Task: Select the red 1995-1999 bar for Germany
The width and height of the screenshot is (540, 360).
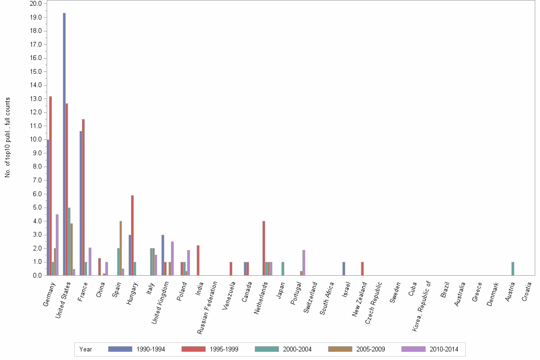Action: [x=50, y=186]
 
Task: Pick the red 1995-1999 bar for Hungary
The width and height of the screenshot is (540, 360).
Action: [x=132, y=235]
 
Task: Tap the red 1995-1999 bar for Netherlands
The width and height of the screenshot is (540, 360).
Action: [x=263, y=248]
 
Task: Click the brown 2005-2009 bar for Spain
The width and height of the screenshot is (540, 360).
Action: [x=120, y=248]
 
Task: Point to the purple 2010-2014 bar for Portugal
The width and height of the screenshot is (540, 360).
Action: [x=304, y=262]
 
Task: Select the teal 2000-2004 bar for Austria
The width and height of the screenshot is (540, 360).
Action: [x=513, y=269]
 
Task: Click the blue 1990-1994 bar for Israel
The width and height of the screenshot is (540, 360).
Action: [x=344, y=269]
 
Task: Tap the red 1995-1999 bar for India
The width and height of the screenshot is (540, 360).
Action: [x=198, y=260]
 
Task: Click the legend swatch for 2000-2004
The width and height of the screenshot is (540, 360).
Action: [x=267, y=349]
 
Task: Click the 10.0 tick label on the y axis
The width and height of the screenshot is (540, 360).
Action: [x=36, y=140]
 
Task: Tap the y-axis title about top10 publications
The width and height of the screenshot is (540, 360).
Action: [x=8, y=138]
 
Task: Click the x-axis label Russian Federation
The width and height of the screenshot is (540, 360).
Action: [x=208, y=307]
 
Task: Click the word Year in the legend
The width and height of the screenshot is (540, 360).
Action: [x=86, y=349]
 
